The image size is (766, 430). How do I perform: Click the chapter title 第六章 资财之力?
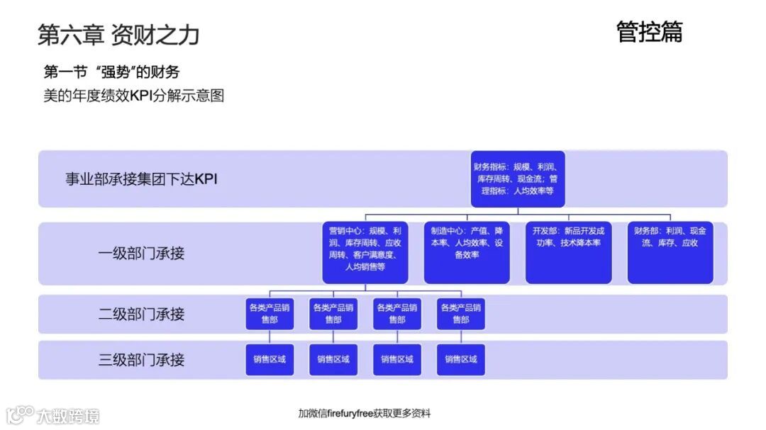coord(118,34)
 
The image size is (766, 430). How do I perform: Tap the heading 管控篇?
coord(649,31)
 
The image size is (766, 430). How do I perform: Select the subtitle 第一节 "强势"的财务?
coord(111,72)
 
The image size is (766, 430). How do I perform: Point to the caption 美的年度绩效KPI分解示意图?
coord(134,95)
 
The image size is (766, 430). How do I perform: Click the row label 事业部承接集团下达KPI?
coord(141,179)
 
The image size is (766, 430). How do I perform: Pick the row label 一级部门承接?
coord(141,253)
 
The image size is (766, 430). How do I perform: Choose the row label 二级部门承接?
coord(141,314)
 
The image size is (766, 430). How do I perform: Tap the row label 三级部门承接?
coord(141,359)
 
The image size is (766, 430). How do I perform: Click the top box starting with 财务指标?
coord(518,179)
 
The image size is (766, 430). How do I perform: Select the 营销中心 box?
coord(365,253)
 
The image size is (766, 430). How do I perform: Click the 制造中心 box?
coord(467,253)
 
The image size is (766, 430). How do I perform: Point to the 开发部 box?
coord(569,253)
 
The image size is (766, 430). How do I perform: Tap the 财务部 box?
coord(670,253)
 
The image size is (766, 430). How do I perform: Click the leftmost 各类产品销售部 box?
coord(270,314)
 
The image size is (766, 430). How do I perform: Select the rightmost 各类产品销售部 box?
coord(461,314)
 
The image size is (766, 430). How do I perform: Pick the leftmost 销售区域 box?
coord(270,359)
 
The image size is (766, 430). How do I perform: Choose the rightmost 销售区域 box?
coord(461,359)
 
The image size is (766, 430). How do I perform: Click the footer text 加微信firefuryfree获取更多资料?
coord(365,413)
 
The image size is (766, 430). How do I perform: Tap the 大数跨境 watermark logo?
coord(53,414)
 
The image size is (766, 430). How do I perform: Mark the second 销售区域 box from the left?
coord(333,359)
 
